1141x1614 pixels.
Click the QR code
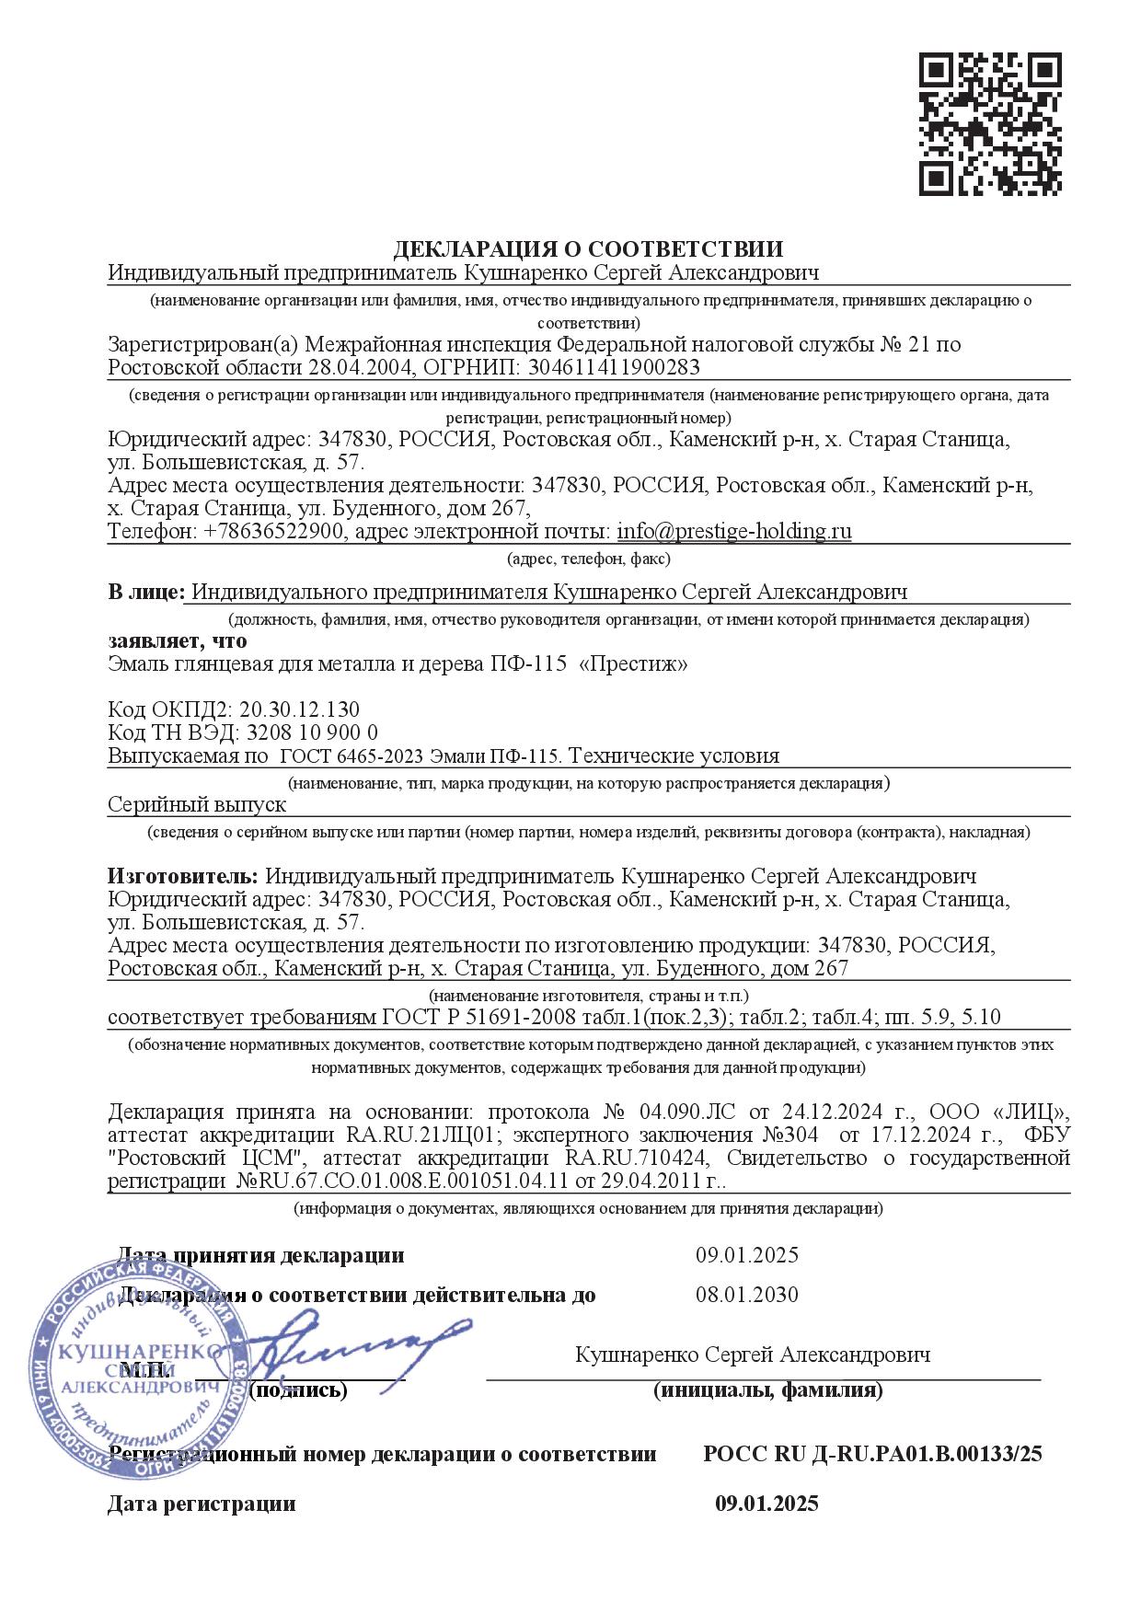point(990,124)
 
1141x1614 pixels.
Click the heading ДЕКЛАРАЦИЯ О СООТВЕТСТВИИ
point(589,248)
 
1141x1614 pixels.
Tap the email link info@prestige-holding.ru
point(733,532)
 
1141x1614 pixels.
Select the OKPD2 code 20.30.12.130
point(299,709)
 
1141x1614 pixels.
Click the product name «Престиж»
point(632,663)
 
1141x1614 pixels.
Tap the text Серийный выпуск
point(197,804)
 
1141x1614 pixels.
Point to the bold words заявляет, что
point(178,641)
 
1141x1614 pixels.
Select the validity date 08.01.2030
point(746,1295)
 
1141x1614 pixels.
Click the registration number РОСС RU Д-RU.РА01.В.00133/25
point(872,1454)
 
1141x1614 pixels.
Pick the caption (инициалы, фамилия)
point(767,1390)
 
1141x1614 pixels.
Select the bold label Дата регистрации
point(202,1504)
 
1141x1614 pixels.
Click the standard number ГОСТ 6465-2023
point(351,756)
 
